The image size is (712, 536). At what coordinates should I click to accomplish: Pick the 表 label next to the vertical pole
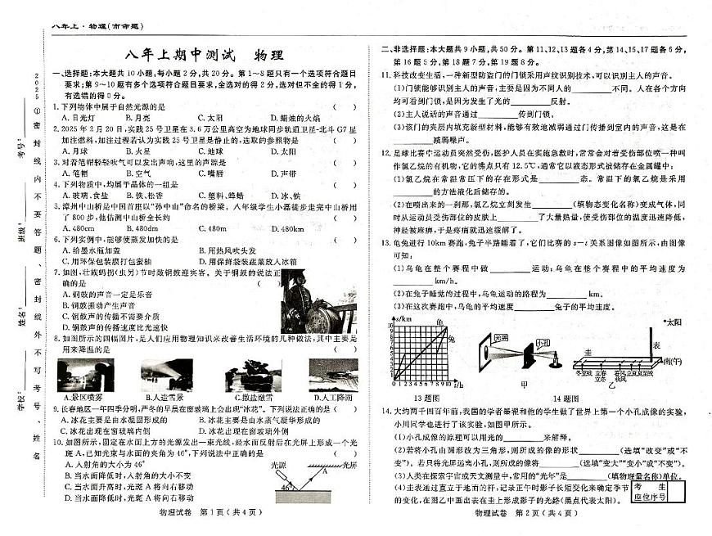pyautogui.click(x=656, y=346)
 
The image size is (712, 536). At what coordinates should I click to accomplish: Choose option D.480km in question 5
pyautogui.click(x=286, y=228)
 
